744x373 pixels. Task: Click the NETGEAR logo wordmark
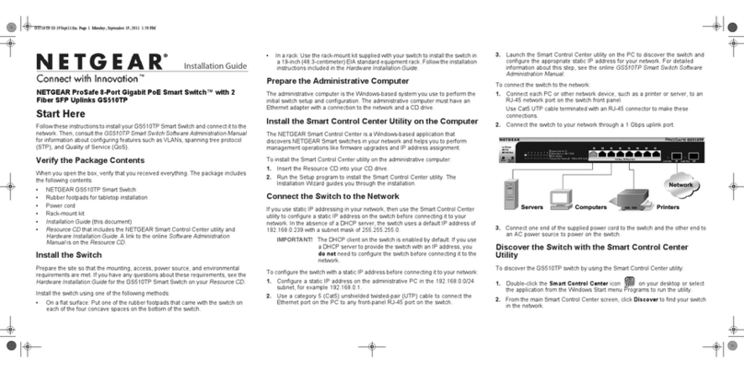click(x=101, y=63)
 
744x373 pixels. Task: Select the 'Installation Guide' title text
click(x=215, y=67)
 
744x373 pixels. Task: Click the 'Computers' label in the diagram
click(x=591, y=206)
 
